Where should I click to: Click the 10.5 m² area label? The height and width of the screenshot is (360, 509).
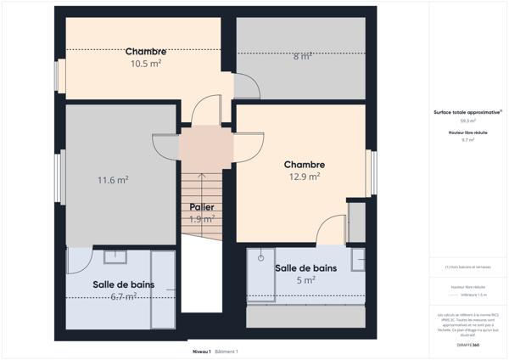point(146,63)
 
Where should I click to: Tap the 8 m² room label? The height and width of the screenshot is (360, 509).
point(302,57)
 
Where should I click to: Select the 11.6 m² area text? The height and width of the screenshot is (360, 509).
point(113,180)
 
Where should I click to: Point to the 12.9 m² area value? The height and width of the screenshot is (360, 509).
point(304,177)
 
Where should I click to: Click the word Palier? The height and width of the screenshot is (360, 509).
point(201,206)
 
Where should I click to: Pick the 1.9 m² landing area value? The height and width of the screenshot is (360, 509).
point(201,218)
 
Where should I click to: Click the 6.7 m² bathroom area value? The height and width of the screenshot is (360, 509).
point(124,296)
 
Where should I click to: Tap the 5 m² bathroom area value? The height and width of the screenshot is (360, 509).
point(306,279)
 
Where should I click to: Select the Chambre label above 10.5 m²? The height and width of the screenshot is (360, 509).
point(146,51)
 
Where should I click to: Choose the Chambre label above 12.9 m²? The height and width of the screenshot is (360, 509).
point(305,165)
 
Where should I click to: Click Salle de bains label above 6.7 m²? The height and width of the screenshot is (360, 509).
point(124,284)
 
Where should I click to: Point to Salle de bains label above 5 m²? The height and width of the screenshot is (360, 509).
point(305,267)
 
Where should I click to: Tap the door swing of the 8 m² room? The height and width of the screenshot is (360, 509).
point(246,86)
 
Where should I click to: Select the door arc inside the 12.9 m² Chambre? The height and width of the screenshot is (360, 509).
point(330,228)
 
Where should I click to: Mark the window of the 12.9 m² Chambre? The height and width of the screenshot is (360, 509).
point(371,172)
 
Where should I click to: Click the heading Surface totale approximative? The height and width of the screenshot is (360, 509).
point(466,111)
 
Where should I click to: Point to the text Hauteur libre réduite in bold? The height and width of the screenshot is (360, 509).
point(467,132)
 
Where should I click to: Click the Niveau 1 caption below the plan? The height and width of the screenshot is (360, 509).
point(200,351)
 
